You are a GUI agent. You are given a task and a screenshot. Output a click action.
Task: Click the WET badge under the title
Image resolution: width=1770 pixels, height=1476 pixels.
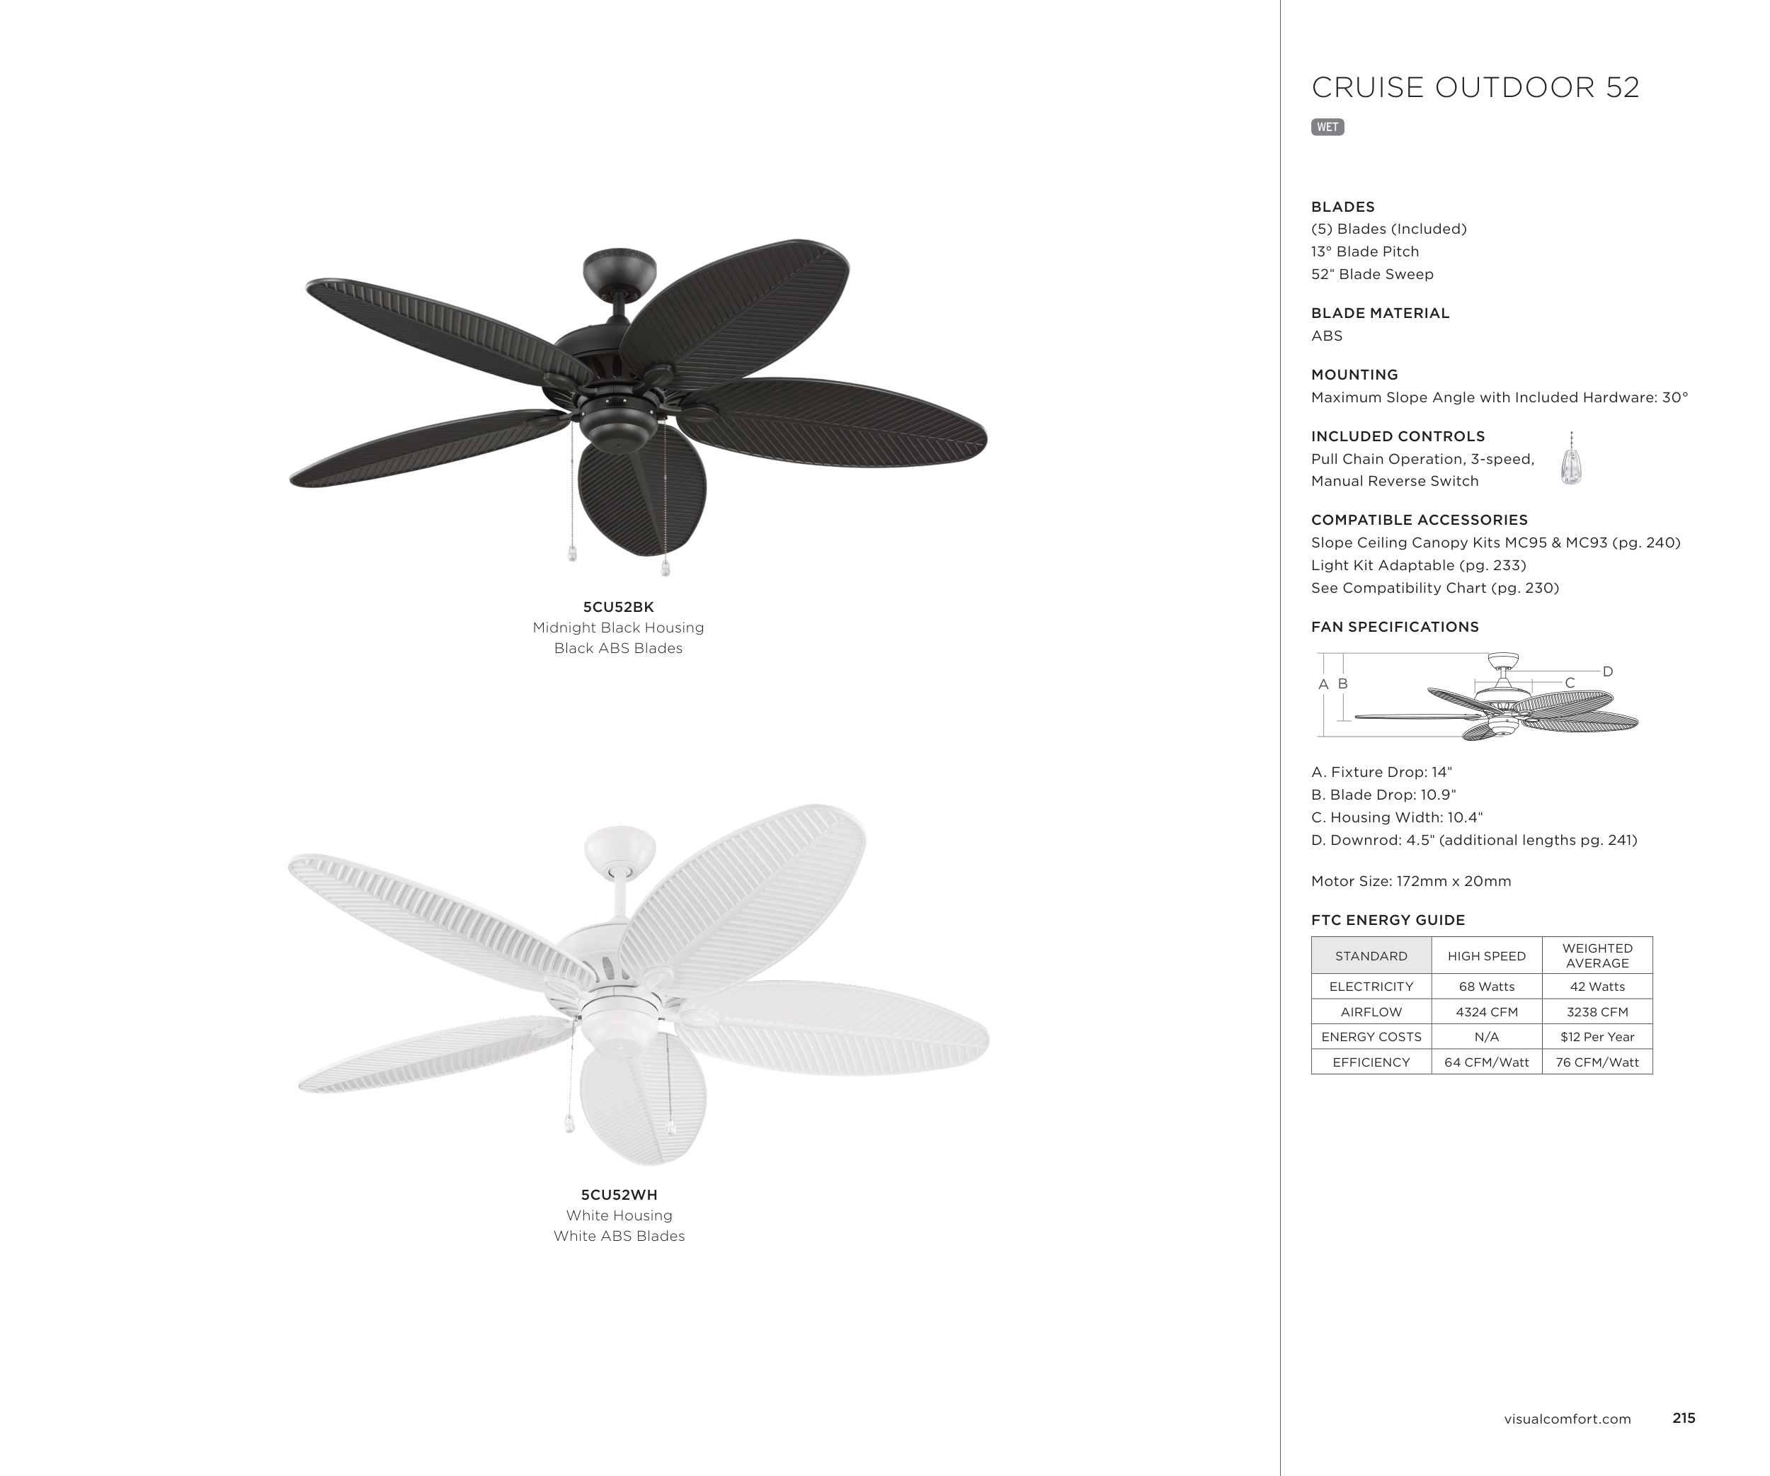point(1327,127)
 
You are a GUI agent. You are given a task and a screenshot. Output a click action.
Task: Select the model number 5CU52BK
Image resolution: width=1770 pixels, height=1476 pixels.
point(618,607)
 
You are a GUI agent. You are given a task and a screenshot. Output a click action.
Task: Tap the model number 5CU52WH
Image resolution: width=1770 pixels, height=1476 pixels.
point(619,1194)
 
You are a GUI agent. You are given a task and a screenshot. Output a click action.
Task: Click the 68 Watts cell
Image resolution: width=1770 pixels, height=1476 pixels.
point(1486,987)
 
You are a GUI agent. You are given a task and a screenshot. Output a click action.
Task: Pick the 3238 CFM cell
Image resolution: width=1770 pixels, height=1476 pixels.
point(1597,1011)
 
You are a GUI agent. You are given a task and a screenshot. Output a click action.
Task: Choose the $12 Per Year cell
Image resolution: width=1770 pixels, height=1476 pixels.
point(1597,1037)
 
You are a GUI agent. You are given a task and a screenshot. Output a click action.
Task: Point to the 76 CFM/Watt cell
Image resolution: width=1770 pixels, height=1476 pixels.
point(1597,1062)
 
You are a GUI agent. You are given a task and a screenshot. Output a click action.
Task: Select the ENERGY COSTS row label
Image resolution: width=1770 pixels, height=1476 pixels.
point(1371,1037)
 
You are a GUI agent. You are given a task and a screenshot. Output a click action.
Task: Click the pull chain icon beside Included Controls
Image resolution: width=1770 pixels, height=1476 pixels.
point(1571,460)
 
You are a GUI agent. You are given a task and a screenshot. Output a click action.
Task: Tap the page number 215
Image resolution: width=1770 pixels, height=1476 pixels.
point(1683,1418)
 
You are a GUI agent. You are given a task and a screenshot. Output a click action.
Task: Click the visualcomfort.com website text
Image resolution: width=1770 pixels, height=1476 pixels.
point(1567,1419)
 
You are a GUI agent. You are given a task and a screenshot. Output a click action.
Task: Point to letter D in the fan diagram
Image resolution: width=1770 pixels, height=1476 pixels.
point(1607,672)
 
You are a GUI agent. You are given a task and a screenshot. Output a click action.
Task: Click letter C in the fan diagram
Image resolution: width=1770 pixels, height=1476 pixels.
point(1570,683)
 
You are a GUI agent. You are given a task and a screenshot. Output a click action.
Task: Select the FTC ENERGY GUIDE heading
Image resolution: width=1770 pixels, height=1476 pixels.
point(1388,919)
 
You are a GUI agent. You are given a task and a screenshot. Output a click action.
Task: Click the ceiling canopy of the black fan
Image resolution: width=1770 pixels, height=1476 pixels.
point(619,268)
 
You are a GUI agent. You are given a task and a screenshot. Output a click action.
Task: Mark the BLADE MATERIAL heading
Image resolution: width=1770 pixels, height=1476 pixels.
point(1380,313)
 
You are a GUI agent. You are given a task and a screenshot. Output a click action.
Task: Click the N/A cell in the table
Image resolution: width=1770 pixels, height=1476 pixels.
point(1486,1037)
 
